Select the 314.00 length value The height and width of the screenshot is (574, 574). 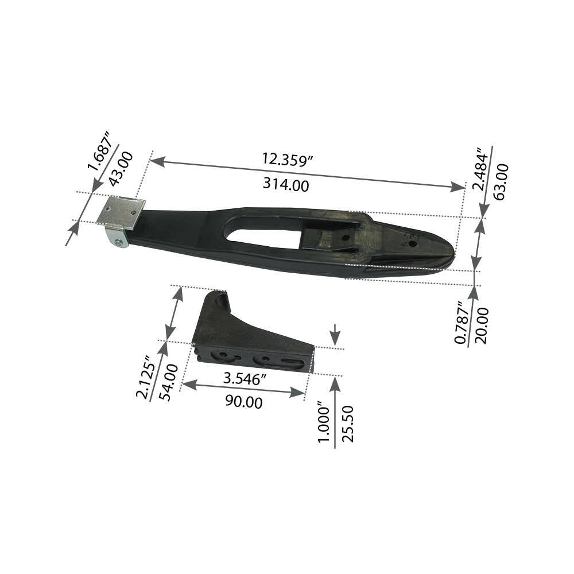pyautogui.click(x=286, y=185)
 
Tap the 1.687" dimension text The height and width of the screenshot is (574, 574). pyautogui.click(x=99, y=150)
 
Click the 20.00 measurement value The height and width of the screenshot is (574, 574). pyautogui.click(x=482, y=325)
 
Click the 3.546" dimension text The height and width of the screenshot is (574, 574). pyautogui.click(x=245, y=379)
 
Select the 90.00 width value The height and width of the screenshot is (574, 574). pyautogui.click(x=243, y=402)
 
